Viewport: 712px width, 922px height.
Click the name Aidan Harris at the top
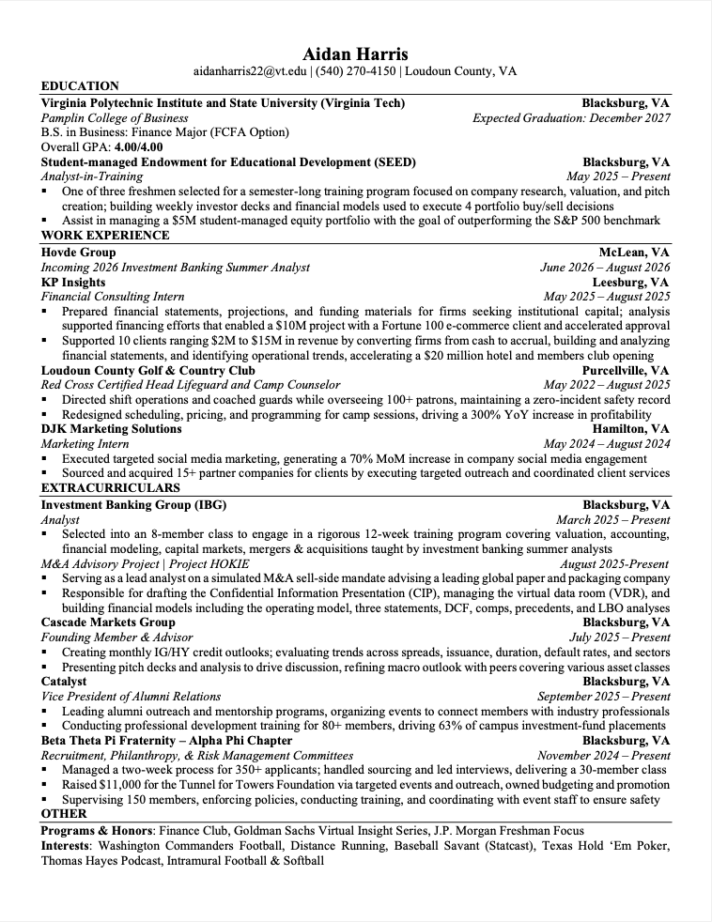point(355,53)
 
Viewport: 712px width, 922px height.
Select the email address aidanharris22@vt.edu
point(250,71)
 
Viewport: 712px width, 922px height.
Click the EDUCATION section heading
point(80,86)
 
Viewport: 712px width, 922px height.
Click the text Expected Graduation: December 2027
point(571,118)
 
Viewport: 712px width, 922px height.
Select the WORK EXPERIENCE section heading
point(100,236)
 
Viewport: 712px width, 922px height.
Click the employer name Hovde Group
point(78,253)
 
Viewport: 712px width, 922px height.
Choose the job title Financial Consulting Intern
point(113,297)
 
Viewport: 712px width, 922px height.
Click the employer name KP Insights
point(73,282)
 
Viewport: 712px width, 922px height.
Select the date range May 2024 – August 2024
point(607,444)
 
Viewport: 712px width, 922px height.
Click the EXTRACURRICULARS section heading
point(110,488)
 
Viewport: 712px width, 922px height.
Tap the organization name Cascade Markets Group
point(108,622)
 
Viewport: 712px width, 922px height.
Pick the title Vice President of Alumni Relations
point(131,697)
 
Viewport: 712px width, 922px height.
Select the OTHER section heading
point(64,814)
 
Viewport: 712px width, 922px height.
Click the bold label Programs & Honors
point(97,831)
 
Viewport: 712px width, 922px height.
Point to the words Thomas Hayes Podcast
point(101,860)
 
